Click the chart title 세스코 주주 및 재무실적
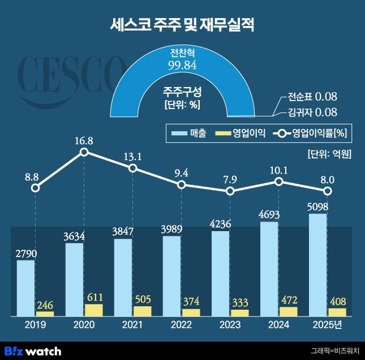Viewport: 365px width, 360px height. click(x=182, y=25)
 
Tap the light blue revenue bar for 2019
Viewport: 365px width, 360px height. click(x=26, y=288)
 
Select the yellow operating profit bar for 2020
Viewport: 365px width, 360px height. click(x=94, y=310)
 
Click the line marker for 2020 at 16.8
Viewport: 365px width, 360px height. click(x=84, y=151)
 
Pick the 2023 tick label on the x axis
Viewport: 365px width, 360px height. click(x=230, y=326)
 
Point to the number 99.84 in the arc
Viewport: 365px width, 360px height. click(x=182, y=67)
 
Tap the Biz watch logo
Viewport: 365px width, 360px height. click(x=32, y=351)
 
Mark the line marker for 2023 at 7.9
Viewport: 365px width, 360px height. click(x=230, y=191)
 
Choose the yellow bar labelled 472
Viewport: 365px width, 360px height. click(x=289, y=311)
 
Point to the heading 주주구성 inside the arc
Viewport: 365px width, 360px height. click(x=182, y=90)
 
